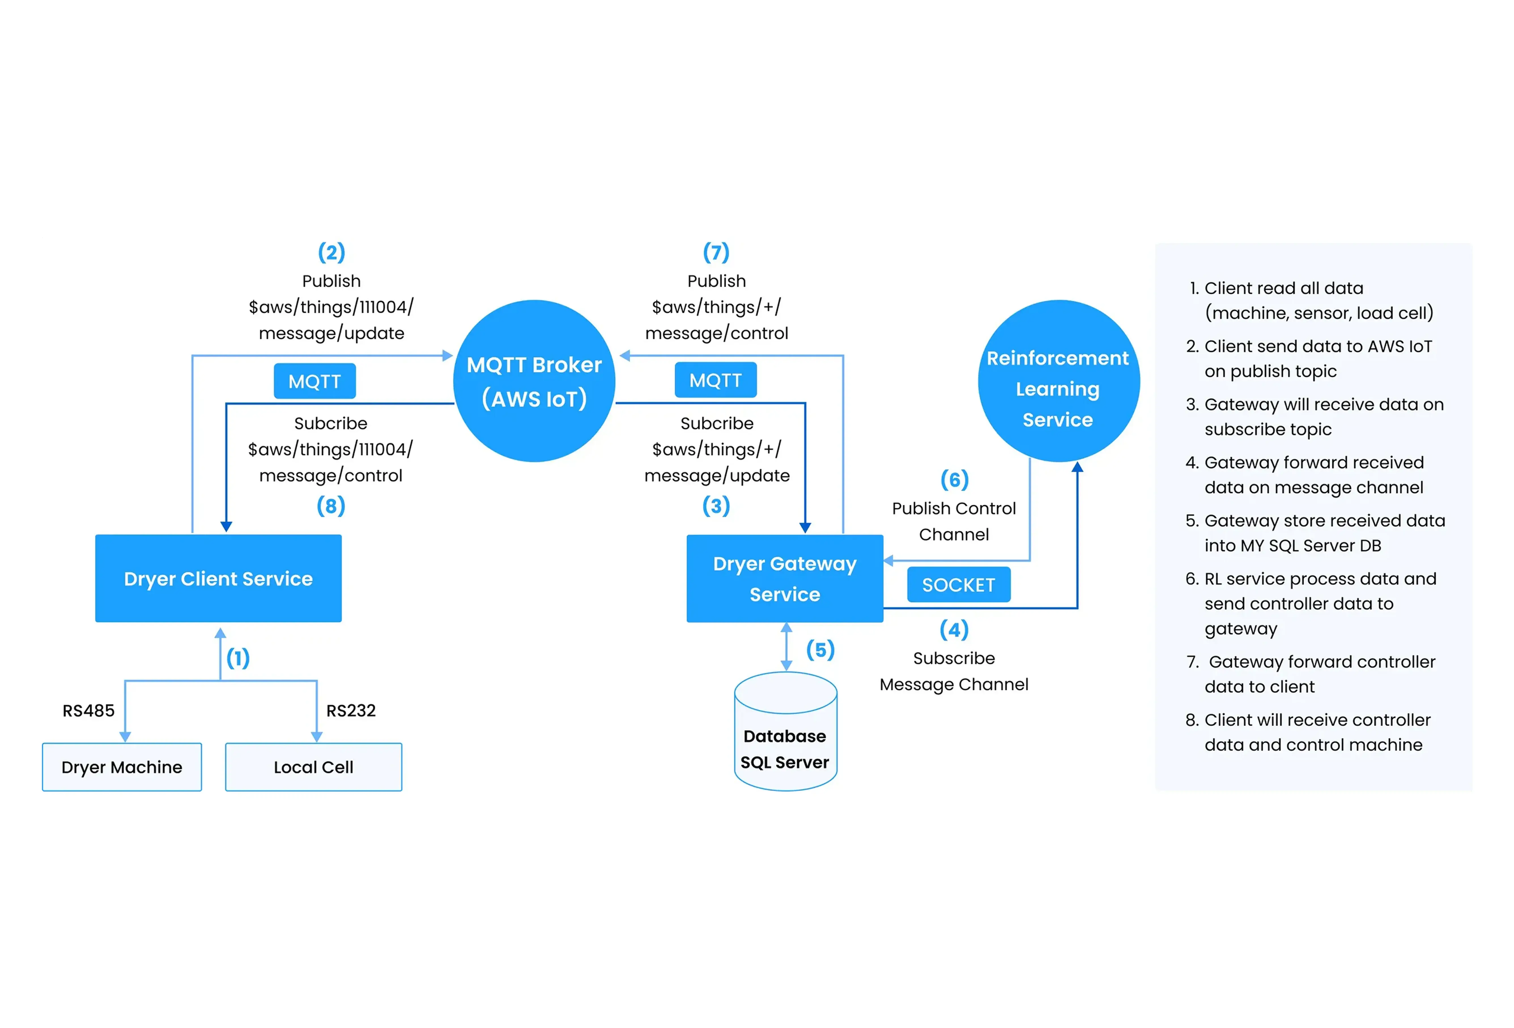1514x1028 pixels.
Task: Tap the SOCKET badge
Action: pyautogui.click(x=958, y=585)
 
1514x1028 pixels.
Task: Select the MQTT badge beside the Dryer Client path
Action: pyautogui.click(x=315, y=381)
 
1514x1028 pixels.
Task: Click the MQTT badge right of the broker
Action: pyautogui.click(x=715, y=380)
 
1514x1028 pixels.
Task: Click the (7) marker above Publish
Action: pyautogui.click(x=716, y=252)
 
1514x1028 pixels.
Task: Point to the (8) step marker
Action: pyautogui.click(x=331, y=506)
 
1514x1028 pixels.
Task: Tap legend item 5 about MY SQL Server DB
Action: pyautogui.click(x=1316, y=533)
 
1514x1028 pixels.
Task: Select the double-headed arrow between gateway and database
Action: pyautogui.click(x=786, y=647)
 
